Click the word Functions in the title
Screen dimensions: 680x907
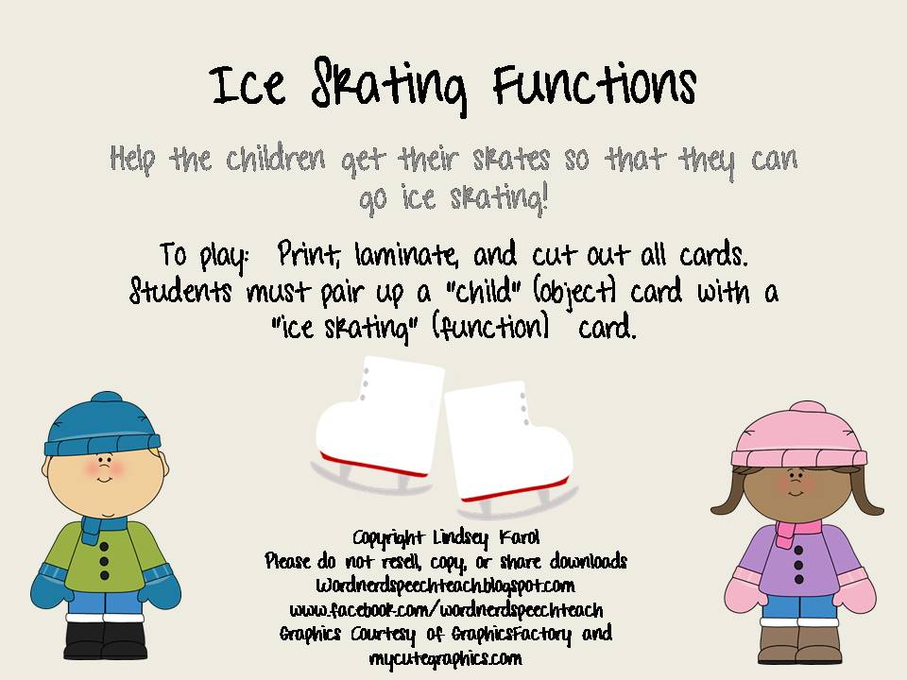click(594, 86)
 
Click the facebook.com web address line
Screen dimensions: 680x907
click(446, 609)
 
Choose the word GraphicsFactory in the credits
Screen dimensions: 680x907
click(510, 634)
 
